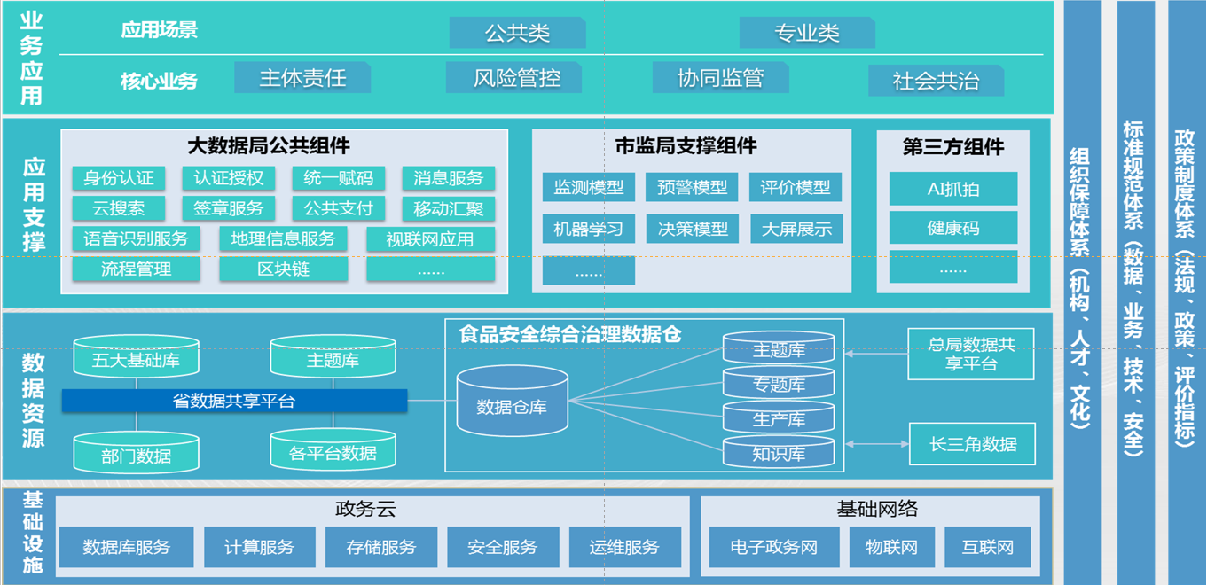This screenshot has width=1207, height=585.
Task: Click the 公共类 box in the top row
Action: (x=517, y=34)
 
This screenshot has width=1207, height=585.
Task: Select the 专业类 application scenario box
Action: (x=807, y=34)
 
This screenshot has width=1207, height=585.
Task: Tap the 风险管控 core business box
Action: (x=516, y=78)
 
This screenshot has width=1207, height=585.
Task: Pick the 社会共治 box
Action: (x=936, y=81)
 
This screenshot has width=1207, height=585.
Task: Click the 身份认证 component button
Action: (x=119, y=178)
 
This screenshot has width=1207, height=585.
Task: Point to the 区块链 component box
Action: (x=284, y=269)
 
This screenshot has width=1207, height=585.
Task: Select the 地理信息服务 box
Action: (x=284, y=238)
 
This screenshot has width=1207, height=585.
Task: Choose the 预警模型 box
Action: (x=692, y=187)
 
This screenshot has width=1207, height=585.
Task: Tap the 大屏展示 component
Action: (x=796, y=229)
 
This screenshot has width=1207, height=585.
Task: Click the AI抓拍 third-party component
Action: (x=953, y=189)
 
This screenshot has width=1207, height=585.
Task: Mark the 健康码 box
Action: (x=953, y=228)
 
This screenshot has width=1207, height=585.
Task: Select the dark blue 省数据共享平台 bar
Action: (x=234, y=401)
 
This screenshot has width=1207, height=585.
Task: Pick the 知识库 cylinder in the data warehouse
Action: (x=779, y=453)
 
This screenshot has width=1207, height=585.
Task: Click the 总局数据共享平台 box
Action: (x=971, y=354)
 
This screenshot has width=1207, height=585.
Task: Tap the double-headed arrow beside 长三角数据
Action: (x=876, y=443)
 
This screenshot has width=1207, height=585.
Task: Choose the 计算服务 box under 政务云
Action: (x=260, y=547)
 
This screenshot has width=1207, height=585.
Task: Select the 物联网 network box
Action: (x=891, y=547)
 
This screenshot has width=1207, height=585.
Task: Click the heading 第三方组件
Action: (x=953, y=147)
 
